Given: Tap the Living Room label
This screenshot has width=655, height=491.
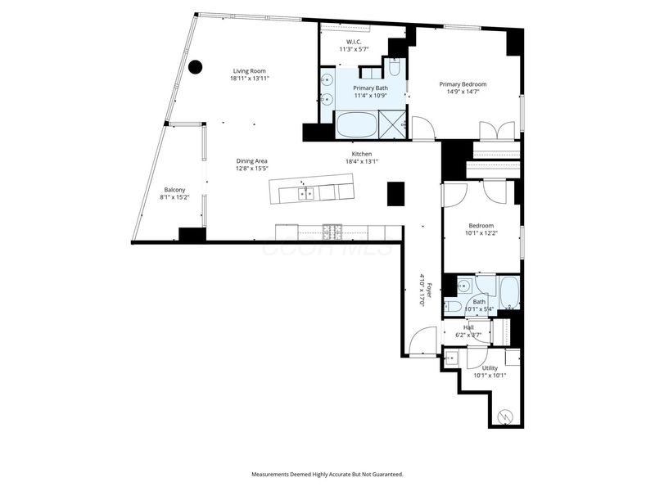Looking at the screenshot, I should point(250,71).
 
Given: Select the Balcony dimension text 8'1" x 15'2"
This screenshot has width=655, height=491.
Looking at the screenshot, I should point(175,197).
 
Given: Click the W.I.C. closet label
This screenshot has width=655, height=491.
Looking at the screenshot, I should point(354,41).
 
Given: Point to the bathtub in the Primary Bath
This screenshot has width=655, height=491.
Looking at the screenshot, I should point(357,125).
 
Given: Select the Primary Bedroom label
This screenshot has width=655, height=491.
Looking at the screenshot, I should point(463,84).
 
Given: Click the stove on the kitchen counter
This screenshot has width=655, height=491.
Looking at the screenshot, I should point(334,230).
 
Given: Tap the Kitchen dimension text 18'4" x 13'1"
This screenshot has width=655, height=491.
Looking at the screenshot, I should point(361,161).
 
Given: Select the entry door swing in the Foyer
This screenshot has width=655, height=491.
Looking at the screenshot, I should point(424,340).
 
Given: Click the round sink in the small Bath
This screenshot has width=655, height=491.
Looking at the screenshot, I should point(463,286).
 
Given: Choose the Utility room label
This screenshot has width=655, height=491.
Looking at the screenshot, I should point(490,368).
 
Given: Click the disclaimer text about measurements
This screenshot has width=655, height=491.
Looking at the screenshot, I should point(327,474).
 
